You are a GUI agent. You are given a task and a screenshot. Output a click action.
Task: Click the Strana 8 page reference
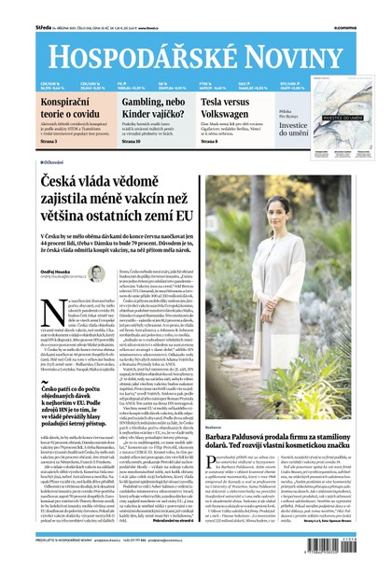pyautogui.click(x=235, y=141)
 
